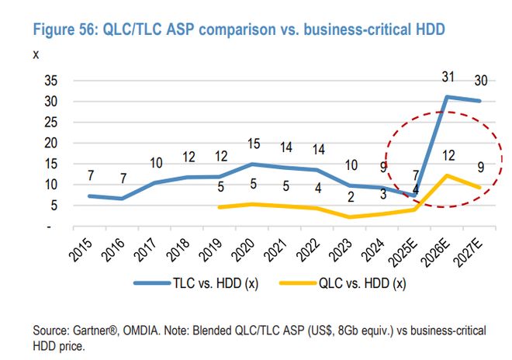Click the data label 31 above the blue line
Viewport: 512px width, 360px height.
(x=447, y=76)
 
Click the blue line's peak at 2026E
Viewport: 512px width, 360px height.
(x=447, y=97)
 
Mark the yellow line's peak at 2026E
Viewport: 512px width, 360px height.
(x=447, y=175)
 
